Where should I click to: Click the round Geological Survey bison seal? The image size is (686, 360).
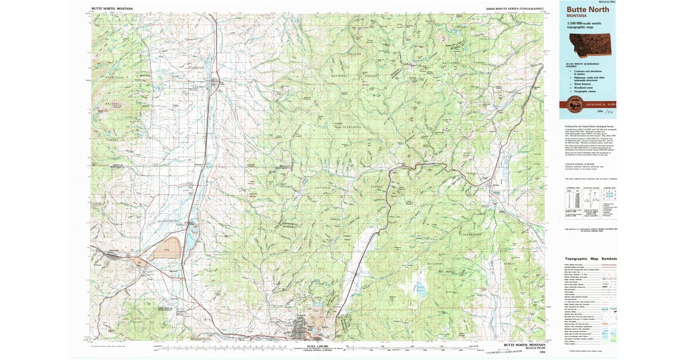click(572, 103)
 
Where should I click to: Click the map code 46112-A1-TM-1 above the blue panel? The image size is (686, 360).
click(607, 2)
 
